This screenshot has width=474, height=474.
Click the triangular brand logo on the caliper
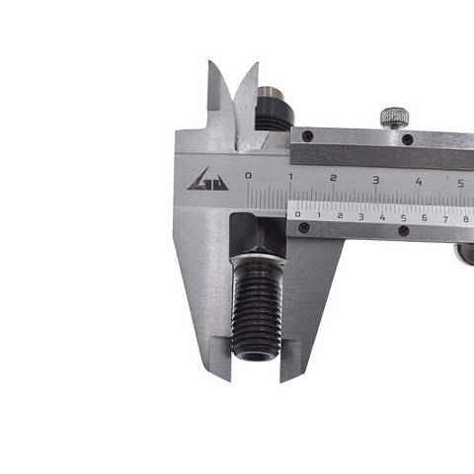(x=208, y=180)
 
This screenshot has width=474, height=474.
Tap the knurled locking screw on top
(x=394, y=117)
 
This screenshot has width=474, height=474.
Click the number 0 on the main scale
(x=248, y=177)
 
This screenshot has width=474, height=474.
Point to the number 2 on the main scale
(x=333, y=179)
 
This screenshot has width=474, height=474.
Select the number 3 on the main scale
(x=375, y=180)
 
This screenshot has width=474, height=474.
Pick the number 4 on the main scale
(x=418, y=181)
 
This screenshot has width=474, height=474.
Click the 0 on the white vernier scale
(x=298, y=214)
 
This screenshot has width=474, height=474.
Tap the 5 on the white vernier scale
(x=403, y=216)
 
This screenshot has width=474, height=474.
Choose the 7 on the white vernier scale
(x=444, y=217)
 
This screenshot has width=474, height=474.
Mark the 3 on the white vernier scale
(x=360, y=215)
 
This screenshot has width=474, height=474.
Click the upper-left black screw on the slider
(x=307, y=135)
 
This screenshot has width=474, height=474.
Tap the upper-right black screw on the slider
(x=407, y=139)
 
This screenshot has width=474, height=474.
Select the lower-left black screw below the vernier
(x=303, y=228)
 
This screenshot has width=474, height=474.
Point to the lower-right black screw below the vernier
(x=403, y=231)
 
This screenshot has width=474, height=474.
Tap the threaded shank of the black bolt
(x=258, y=306)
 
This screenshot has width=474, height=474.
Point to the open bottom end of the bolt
(x=258, y=354)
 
